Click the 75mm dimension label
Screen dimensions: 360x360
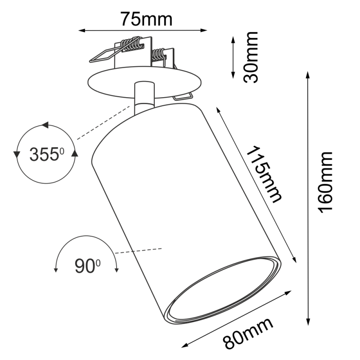146,19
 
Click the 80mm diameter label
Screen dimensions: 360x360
249,333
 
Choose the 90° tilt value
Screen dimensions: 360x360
87,266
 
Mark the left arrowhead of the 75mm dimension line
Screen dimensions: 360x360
81,31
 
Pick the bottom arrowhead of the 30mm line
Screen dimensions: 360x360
233,75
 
